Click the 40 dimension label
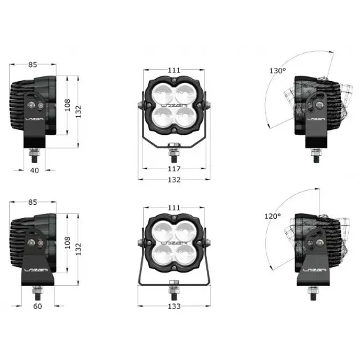click(x=34, y=169)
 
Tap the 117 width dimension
click(x=174, y=169)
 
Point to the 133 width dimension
click(x=174, y=305)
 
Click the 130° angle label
click(x=278, y=71)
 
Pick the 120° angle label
click(x=273, y=217)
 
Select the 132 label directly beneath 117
click(x=174, y=180)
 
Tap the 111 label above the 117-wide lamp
click(x=174, y=71)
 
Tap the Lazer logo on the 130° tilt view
click(x=316, y=120)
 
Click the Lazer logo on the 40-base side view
click(x=34, y=120)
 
